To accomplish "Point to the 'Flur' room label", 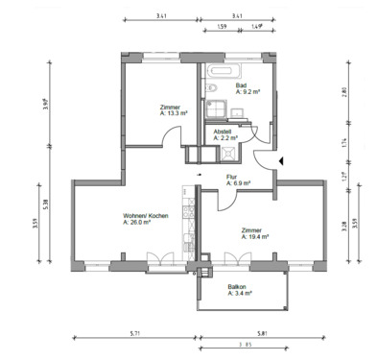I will coord(232,176).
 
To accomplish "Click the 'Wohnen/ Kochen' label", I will coord(146,215).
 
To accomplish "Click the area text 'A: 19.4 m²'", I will coord(253,236).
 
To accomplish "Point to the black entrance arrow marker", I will coord(279,160).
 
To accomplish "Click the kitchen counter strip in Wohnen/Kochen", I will coord(190,226).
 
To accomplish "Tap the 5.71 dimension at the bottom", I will coord(136,334).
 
